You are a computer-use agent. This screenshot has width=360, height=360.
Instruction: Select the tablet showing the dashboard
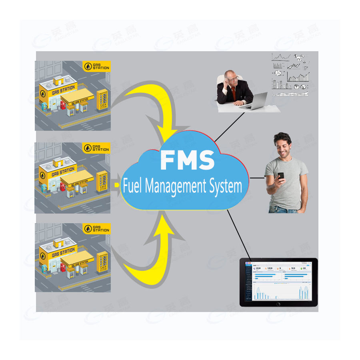click(x=278, y=282)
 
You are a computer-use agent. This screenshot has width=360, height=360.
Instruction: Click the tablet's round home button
click(x=278, y=304)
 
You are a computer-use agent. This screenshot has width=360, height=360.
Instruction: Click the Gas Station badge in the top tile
click(x=96, y=66)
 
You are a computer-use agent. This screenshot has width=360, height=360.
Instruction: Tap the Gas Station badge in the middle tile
click(x=96, y=148)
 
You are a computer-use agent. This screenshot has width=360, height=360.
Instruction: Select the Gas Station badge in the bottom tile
click(x=96, y=228)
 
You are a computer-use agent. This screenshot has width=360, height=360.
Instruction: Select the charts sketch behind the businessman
click(x=291, y=74)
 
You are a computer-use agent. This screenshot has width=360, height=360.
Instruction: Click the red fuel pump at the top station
click(x=63, y=105)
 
